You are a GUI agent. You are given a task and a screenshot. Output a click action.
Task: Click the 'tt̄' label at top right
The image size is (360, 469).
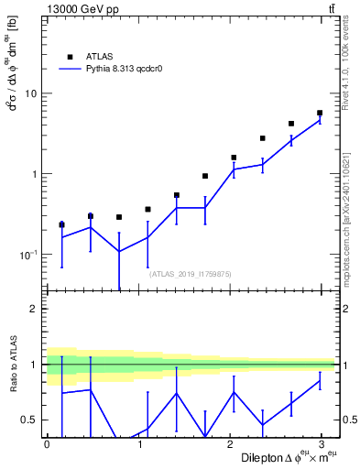coord(330,8)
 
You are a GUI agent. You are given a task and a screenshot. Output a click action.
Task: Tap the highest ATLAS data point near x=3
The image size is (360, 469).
coord(320,113)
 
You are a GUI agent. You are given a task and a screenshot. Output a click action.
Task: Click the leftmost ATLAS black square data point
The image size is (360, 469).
coord(61,224)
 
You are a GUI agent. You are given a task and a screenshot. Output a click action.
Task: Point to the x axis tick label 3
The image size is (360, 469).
coord(327,444)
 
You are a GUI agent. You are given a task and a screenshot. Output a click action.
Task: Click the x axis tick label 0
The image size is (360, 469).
coord(47,444)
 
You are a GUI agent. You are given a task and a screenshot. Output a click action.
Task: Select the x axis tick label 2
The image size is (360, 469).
coord(234,444)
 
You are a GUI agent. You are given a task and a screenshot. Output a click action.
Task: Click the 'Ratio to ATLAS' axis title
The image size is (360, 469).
coord(12,365)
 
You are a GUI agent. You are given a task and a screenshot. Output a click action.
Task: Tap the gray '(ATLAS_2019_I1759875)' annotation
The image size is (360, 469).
coord(191,273)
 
